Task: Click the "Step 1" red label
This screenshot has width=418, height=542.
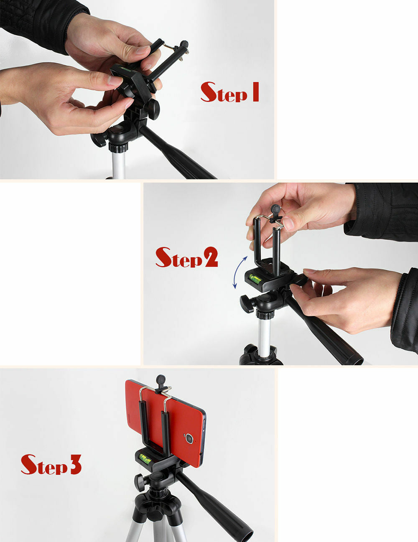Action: (x=229, y=93)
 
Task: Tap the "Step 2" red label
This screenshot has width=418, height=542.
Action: (x=186, y=258)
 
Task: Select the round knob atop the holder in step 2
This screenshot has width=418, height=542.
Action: (x=275, y=209)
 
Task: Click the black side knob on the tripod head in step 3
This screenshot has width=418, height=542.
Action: (x=140, y=482)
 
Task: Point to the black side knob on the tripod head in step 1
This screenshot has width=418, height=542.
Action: (x=99, y=140)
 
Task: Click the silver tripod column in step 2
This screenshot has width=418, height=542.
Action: (x=264, y=334)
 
